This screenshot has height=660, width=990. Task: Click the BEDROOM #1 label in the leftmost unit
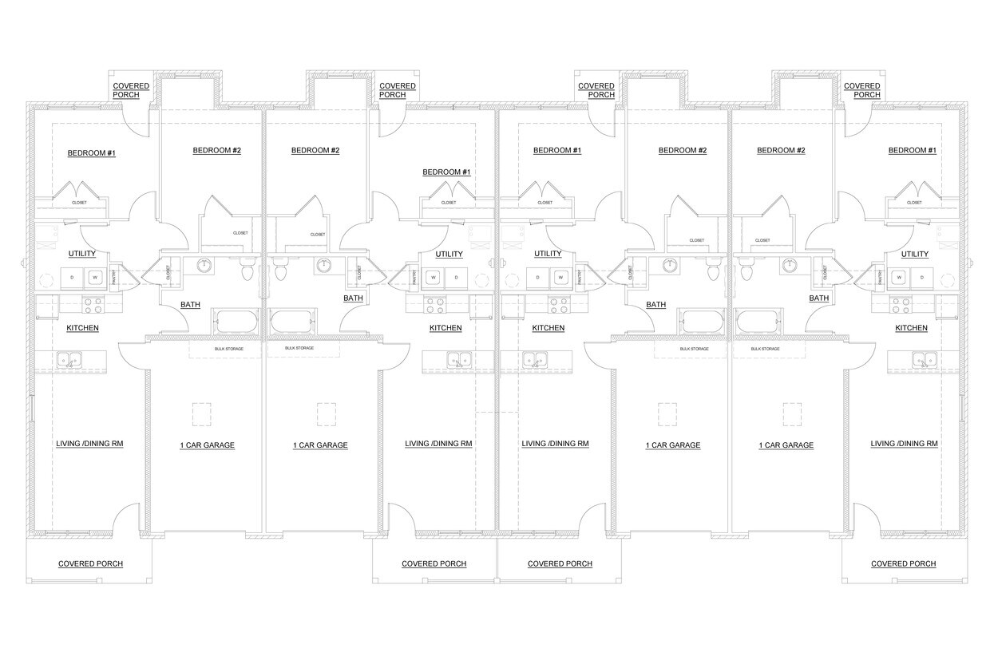click(91, 152)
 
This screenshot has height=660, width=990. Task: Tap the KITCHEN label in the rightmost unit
click(911, 328)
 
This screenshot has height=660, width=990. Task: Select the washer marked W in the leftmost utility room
click(95, 278)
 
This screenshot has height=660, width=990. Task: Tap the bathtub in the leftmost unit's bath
click(236, 322)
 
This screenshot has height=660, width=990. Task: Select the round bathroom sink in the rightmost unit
click(790, 266)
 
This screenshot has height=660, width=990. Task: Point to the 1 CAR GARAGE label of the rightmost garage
click(786, 445)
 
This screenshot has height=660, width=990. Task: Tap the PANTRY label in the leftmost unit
click(115, 275)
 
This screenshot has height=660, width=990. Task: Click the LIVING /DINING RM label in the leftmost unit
click(89, 444)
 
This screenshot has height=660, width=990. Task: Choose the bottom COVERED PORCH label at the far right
click(903, 563)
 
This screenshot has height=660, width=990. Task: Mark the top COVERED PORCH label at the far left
click(126, 90)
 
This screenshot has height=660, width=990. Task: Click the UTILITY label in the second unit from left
click(449, 255)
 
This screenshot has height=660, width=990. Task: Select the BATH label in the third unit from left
click(655, 305)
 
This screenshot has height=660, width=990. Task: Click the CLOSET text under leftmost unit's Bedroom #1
click(79, 203)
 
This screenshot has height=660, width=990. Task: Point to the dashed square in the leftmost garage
click(201, 414)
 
